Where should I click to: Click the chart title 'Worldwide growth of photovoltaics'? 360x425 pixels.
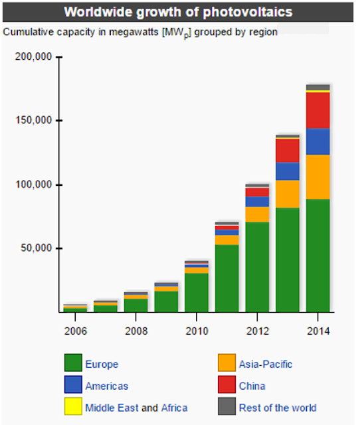tap(177, 13)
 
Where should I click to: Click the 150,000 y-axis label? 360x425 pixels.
tap(33, 121)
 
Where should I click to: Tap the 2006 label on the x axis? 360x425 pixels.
tap(74, 331)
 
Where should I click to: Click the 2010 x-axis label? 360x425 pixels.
tap(196, 331)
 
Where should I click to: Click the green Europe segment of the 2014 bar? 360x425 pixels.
tap(317, 256)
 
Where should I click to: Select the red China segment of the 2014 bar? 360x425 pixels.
tap(317, 110)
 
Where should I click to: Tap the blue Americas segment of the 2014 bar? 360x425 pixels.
tap(317, 141)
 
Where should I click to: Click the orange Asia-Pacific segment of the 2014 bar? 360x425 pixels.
tap(317, 177)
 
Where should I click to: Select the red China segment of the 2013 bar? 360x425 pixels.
tap(288, 150)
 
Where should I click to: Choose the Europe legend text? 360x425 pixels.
tap(102, 364)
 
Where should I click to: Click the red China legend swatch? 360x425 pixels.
tap(227, 385)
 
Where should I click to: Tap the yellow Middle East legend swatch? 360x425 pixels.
tap(73, 407)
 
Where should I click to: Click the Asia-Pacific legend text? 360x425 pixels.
tap(265, 364)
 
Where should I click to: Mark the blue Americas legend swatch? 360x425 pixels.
tap(73, 385)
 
